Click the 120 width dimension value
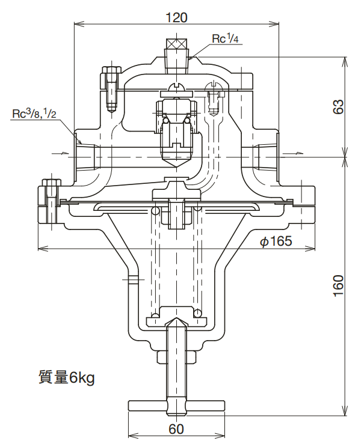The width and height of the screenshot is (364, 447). [176, 17]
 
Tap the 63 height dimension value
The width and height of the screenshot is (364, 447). [339, 106]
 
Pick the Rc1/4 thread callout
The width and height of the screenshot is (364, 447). [226, 39]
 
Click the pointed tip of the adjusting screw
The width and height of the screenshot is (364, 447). [176, 323]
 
